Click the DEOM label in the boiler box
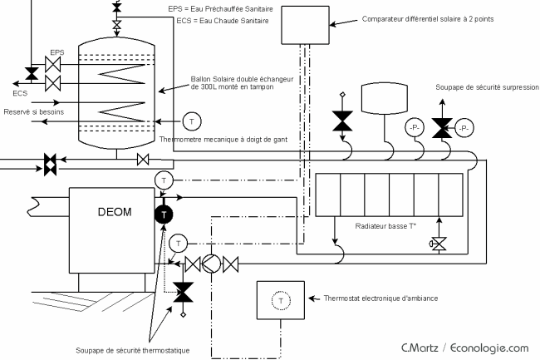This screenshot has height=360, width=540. coord(115,211)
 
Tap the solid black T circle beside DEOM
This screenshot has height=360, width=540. coord(164,215)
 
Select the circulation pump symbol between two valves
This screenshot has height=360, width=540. coord(211,264)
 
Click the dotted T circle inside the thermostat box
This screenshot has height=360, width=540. coord(281,301)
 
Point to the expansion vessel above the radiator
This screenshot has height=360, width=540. coord(385,99)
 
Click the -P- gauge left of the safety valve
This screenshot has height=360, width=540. coord(415,128)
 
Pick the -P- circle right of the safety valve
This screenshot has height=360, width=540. coord(464,129)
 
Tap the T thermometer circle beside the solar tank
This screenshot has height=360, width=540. coord(191,121)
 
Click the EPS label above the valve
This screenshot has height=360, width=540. coord(57,52)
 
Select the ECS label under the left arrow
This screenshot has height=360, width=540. coord(20,93)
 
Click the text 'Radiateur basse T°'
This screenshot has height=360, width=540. coord(385,226)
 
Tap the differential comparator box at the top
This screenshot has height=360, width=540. coord(305,25)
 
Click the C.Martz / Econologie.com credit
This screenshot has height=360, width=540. coord(465,348)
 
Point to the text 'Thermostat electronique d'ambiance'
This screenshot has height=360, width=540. coord(380,298)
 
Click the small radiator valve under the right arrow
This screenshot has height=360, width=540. coord(439,244)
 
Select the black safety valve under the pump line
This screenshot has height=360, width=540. coord(183,292)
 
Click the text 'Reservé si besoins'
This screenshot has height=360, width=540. coord(34,112)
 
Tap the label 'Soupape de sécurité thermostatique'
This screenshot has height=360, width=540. coord(133,350)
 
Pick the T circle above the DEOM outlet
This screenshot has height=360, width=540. coord(164,180)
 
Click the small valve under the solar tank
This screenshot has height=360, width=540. coord(143,160)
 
